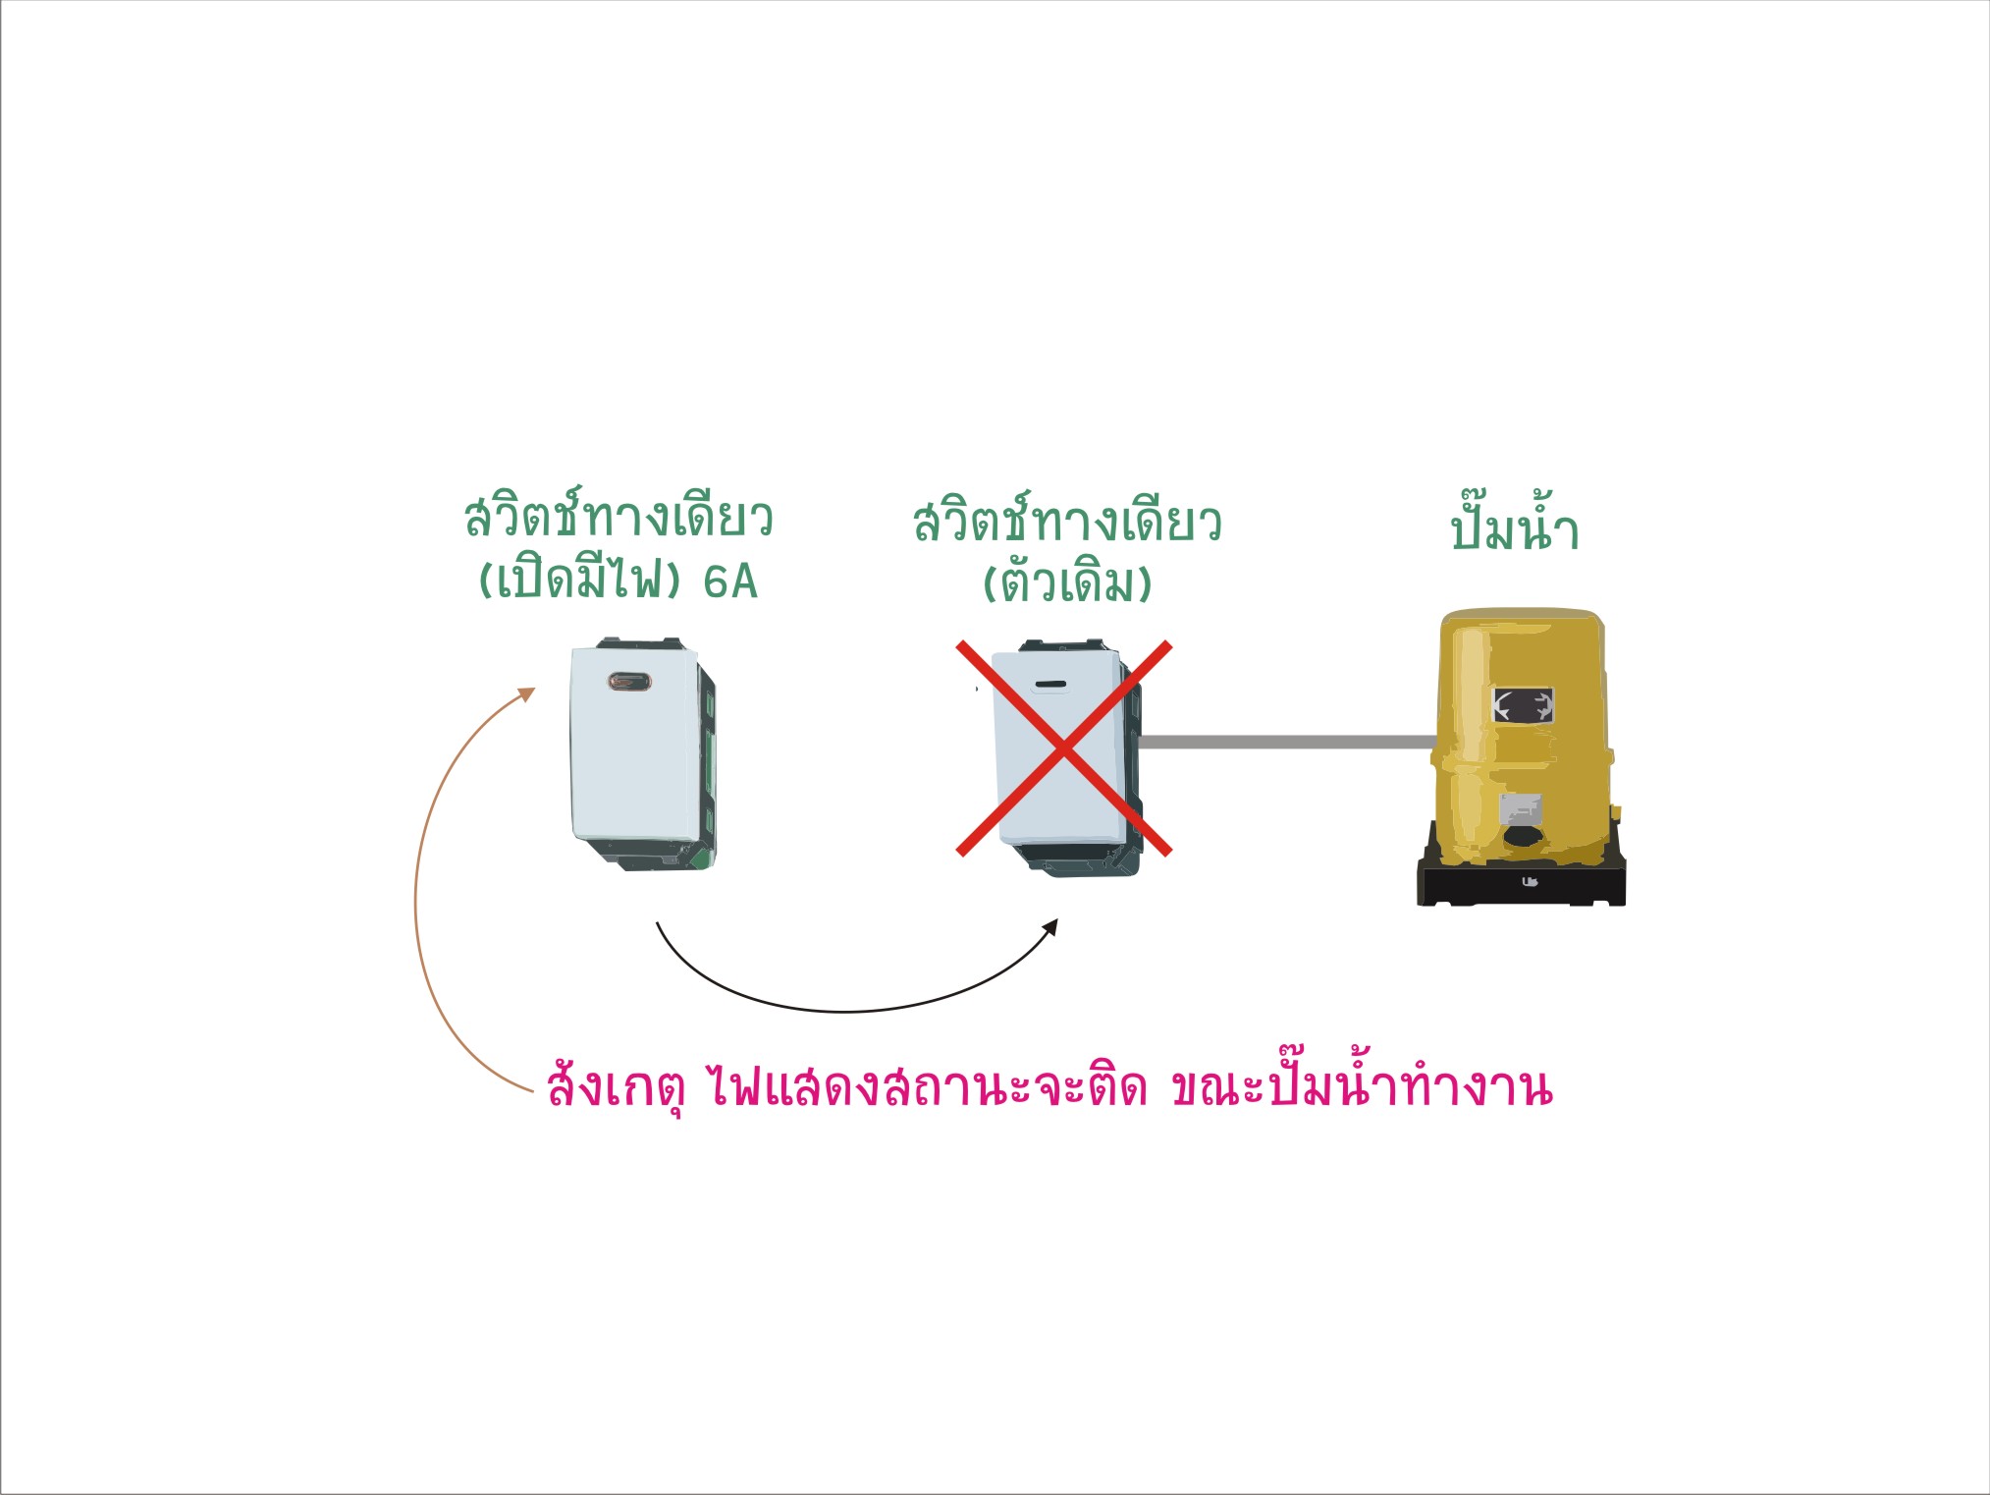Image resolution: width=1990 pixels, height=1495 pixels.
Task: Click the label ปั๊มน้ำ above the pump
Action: pos(1514,527)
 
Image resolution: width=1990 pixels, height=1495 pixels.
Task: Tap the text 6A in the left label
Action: pos(730,581)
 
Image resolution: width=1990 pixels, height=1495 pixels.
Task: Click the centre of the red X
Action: pos(1064,748)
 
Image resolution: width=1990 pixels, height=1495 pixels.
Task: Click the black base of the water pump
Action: pos(1521,879)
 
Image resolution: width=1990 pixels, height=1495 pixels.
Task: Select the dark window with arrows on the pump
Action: pos(1523,704)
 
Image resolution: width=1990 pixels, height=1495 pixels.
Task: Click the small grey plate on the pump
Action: pos(1520,809)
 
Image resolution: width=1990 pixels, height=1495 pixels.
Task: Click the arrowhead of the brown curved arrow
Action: pos(527,693)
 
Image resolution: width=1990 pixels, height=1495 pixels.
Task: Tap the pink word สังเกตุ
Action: pos(615,1085)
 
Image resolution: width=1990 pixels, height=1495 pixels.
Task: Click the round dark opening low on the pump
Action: pos(1521,838)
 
